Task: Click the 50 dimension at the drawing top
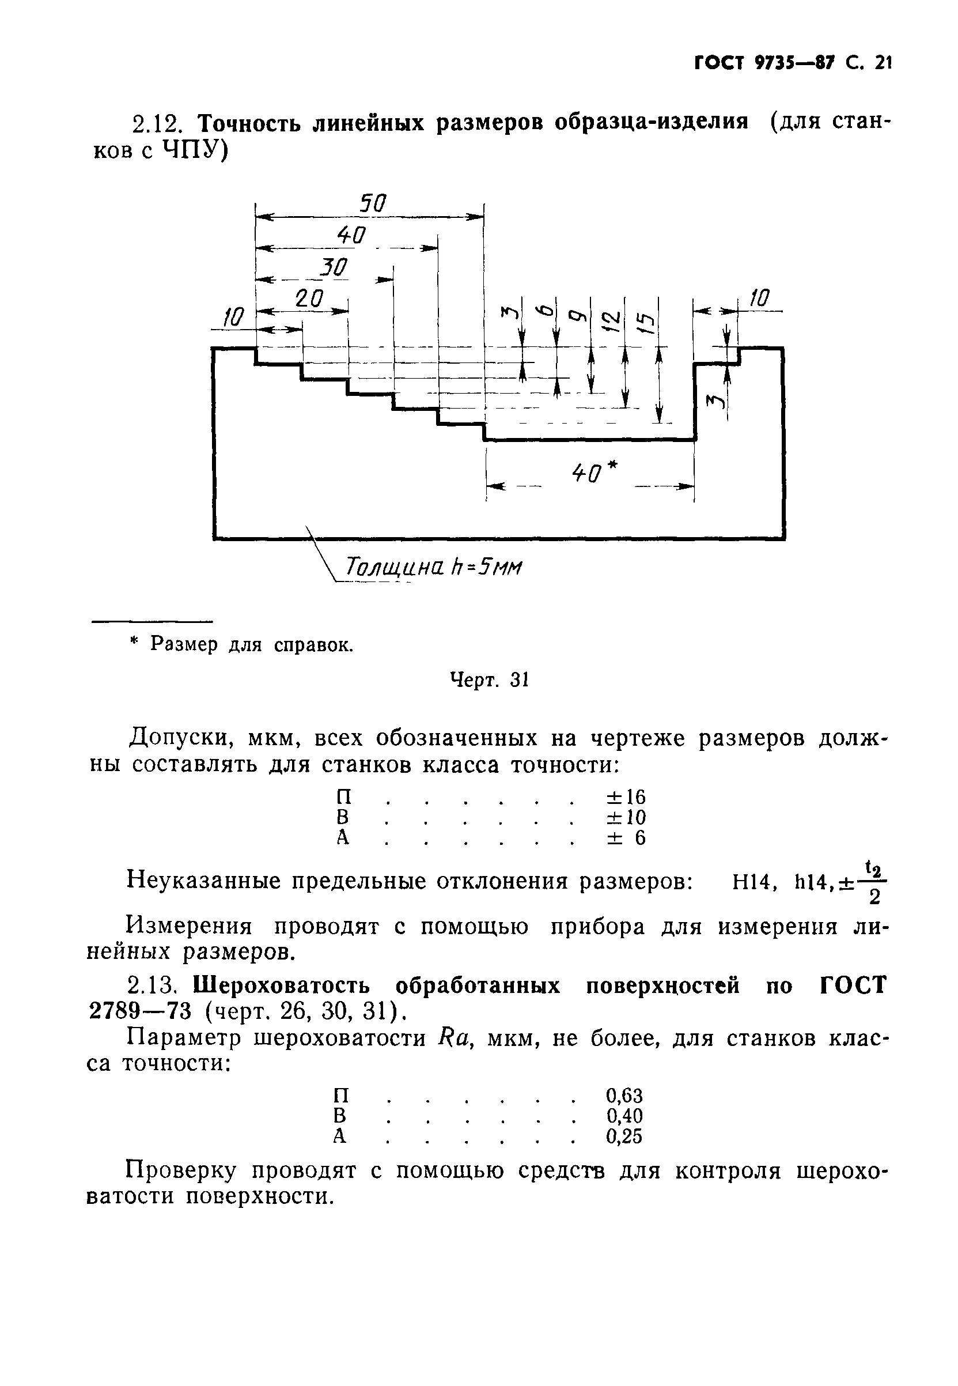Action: [x=373, y=204]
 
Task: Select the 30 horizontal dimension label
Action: [x=334, y=267]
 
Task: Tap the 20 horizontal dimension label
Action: [x=309, y=299]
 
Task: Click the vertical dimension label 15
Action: [x=644, y=325]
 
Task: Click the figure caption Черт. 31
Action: [x=489, y=680]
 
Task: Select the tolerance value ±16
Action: [x=626, y=798]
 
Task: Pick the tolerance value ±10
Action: [x=626, y=817]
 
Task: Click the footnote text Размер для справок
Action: [x=251, y=645]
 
